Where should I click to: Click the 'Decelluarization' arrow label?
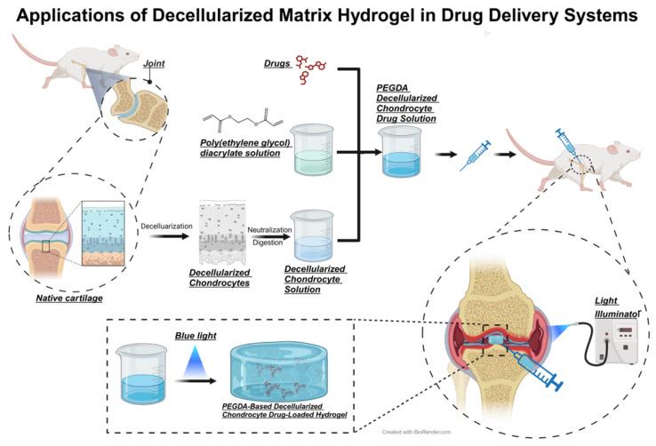point(166,226)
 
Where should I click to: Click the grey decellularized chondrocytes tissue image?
point(213,225)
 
